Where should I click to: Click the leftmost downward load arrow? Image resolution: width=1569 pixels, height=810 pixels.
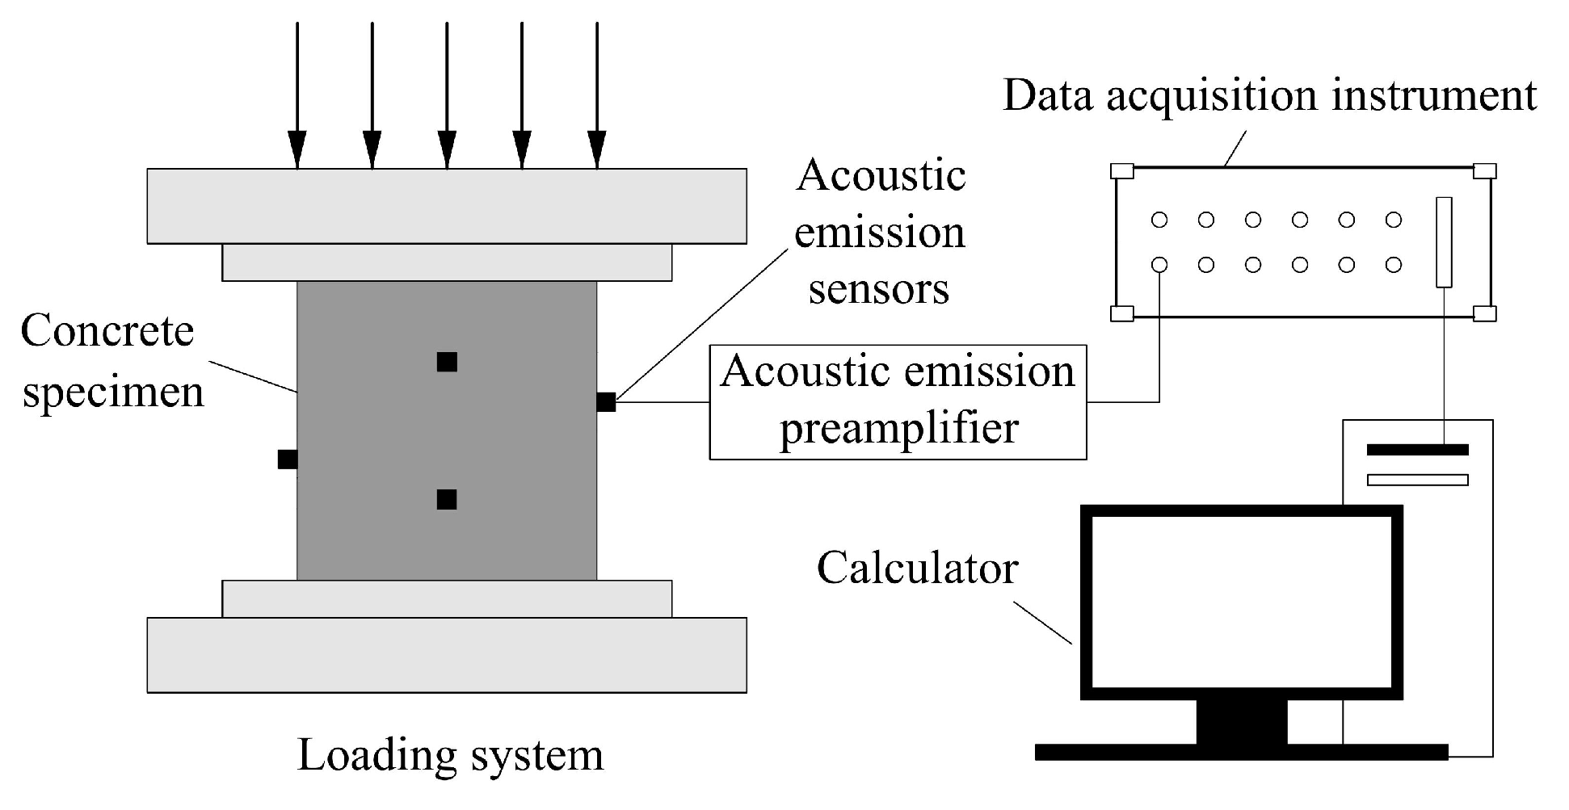[297, 97]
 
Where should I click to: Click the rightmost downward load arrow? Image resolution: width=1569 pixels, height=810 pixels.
[596, 97]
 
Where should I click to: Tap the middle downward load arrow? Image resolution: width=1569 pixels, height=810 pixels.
[447, 97]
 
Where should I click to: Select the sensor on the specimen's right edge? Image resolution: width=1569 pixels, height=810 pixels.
[606, 401]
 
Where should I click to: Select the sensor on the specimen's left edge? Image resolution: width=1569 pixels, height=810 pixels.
[288, 460]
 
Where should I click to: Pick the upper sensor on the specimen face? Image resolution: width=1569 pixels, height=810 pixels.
[447, 362]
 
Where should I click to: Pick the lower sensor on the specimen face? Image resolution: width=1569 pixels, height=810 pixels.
[447, 500]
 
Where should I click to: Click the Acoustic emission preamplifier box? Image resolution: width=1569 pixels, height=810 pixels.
[898, 402]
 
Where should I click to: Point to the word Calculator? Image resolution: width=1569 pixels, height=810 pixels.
[917, 568]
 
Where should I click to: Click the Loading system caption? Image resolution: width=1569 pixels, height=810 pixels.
[451, 756]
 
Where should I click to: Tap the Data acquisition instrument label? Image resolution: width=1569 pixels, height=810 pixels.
[1269, 95]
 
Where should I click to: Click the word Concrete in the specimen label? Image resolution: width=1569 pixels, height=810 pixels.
[107, 331]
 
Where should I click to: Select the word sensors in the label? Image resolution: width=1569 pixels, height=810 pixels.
[879, 289]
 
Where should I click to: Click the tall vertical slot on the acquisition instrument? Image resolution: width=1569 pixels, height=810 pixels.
[1444, 242]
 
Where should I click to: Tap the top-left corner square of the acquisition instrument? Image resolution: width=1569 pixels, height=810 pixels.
[1122, 171]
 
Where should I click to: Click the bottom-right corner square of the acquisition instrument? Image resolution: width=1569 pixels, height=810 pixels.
[1485, 313]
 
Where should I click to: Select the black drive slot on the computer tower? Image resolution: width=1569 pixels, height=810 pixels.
[1417, 450]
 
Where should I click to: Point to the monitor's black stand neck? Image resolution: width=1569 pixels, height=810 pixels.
[1241, 721]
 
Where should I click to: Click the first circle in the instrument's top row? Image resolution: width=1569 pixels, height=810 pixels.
[1159, 220]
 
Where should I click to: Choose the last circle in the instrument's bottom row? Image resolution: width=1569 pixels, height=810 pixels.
[1394, 265]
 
